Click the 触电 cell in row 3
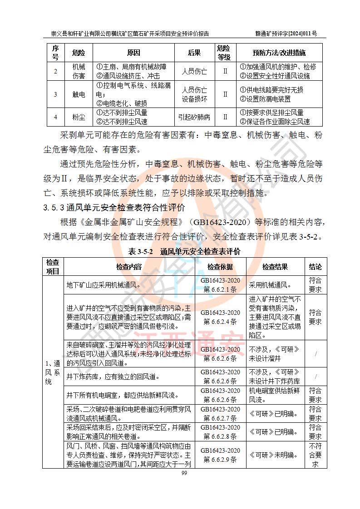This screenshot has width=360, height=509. [x=79, y=94]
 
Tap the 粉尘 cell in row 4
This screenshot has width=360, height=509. [x=79, y=117]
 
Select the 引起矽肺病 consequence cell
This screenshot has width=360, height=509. [x=194, y=117]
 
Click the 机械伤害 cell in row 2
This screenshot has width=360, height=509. [x=79, y=71]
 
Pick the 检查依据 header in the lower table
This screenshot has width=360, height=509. [x=220, y=267]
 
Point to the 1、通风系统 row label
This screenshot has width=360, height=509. [x=54, y=372]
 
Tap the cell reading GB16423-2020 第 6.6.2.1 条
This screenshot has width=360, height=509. [x=220, y=285]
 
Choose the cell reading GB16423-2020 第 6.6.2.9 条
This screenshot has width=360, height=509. [x=220, y=455]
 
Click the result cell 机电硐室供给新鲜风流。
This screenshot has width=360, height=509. [x=275, y=395]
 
